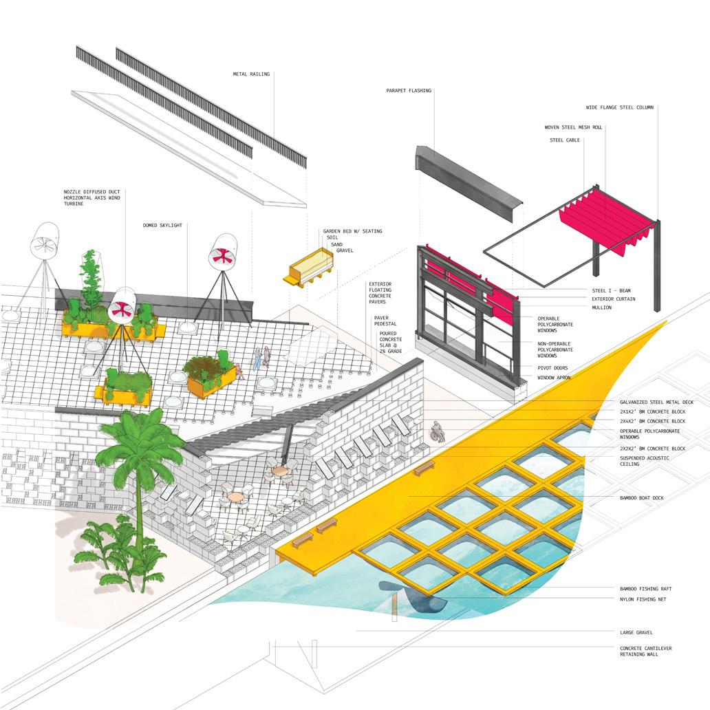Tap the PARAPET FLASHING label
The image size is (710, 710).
(409, 90)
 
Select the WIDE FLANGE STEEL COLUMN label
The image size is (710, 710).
(619, 107)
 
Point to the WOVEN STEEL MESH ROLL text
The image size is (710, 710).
(573, 127)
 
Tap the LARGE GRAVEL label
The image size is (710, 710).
(636, 632)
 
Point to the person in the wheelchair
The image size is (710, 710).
(437, 432)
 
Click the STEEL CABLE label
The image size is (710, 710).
(565, 140)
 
